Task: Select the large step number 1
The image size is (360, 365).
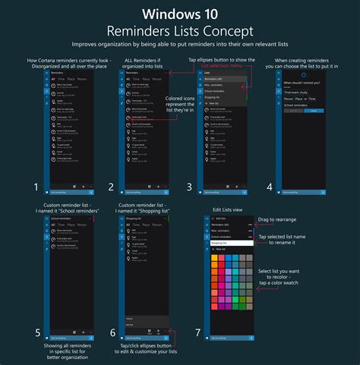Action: pos(36,187)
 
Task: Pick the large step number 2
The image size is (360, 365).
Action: pos(112,187)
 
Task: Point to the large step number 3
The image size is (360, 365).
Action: pos(189,187)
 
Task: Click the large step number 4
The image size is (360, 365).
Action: pos(269,187)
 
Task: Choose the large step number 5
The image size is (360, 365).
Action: pos(36,332)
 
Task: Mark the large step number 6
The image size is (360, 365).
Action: pos(112,332)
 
